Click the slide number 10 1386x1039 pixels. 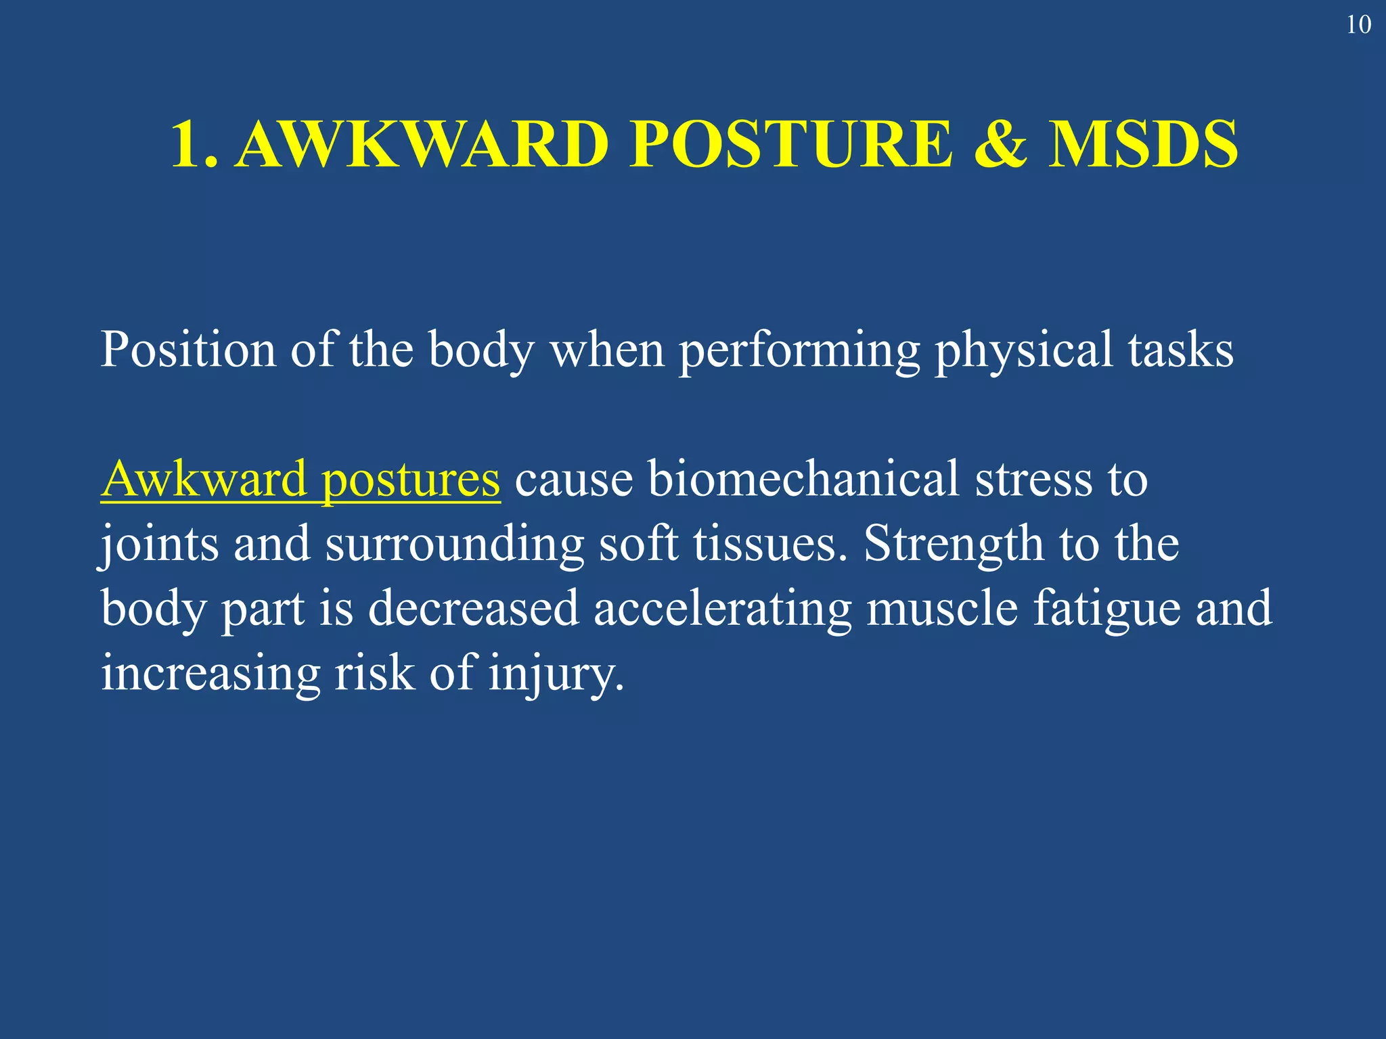[1358, 25]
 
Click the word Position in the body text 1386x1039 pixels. [188, 350]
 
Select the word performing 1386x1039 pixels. [799, 350]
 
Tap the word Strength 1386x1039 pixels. [954, 544]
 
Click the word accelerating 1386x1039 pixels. [722, 608]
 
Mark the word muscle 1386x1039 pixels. [942, 608]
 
